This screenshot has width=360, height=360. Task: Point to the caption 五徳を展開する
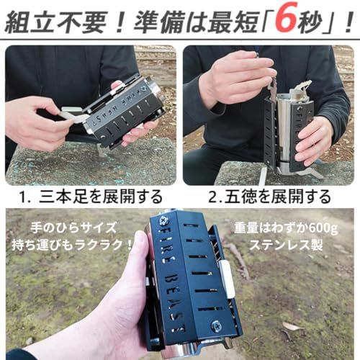pyautogui.click(x=287, y=196)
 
